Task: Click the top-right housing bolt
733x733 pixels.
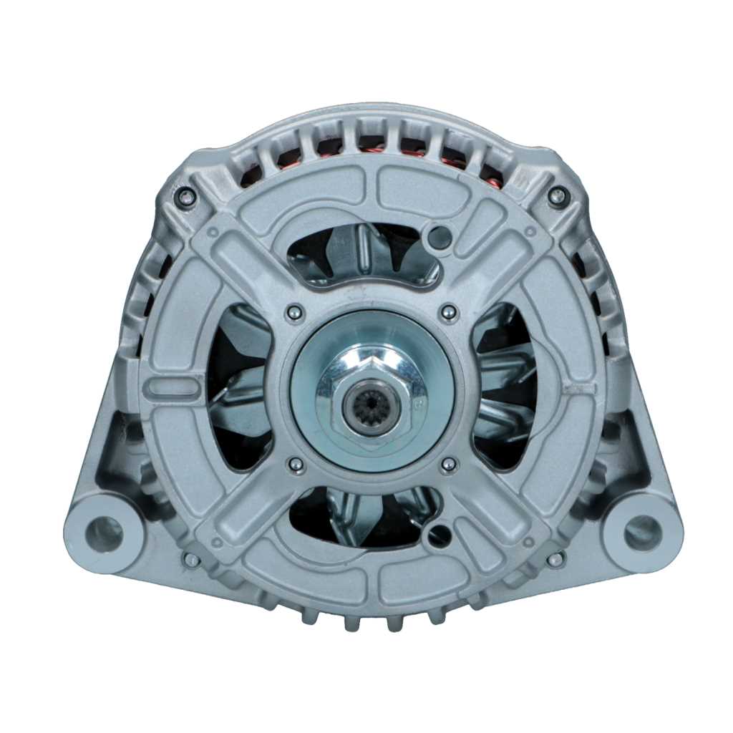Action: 558,195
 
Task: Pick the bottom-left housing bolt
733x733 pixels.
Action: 191,560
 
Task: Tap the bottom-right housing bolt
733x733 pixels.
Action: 555,560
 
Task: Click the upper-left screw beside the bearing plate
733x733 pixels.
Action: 293,312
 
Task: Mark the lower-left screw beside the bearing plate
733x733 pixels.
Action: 294,466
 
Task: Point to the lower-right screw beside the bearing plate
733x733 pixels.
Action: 449,466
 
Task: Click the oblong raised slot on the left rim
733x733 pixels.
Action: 161,387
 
